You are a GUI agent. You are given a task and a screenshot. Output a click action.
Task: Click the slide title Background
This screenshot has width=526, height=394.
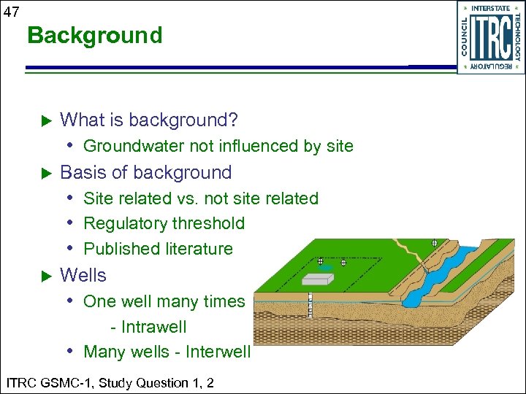94,35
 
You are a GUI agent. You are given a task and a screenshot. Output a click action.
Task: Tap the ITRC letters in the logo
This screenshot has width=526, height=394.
490,38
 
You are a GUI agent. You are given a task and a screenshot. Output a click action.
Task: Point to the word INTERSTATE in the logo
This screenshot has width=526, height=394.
490,9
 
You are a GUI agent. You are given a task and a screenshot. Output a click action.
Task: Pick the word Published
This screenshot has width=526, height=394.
118,249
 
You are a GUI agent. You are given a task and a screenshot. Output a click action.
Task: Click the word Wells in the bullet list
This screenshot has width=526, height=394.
83,276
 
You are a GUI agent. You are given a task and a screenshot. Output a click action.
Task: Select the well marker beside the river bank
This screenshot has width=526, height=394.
434,242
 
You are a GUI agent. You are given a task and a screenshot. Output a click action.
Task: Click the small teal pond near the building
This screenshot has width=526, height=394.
327,268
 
